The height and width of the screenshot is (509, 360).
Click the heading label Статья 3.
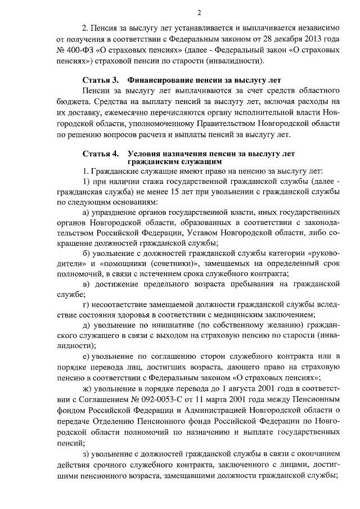100,80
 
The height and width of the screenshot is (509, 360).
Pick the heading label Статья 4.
100,153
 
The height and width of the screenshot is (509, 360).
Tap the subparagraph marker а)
87,212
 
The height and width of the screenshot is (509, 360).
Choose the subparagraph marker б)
87,254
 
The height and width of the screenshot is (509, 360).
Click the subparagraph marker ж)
87,388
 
